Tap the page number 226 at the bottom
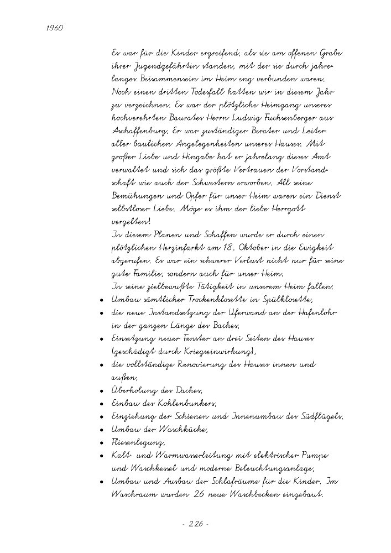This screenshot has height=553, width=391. (x=195, y=523)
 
